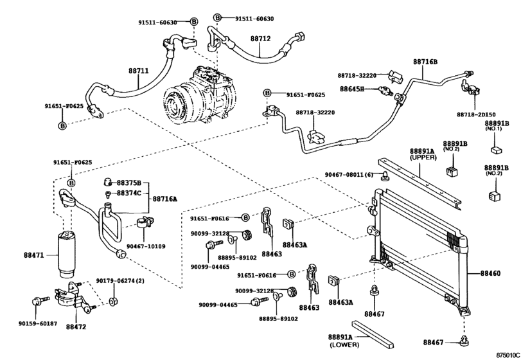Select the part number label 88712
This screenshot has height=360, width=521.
click(260, 39)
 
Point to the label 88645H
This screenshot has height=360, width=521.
click(352, 89)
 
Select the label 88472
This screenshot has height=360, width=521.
click(75, 327)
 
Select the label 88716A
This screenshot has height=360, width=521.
click(166, 199)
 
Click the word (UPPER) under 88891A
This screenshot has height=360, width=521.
click(418, 157)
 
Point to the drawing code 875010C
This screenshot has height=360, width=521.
click(506, 354)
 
